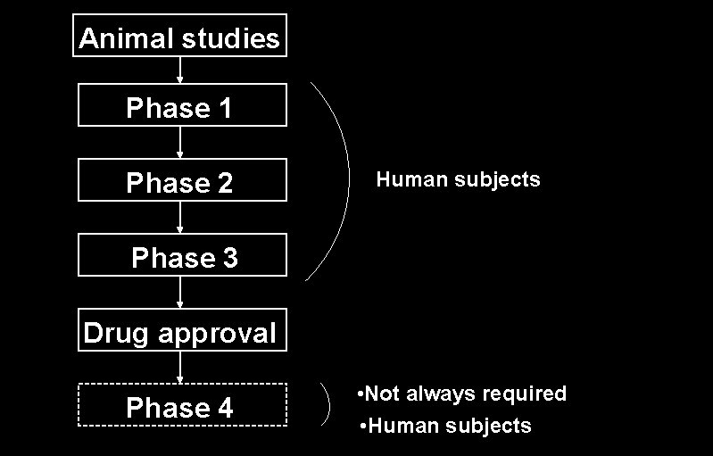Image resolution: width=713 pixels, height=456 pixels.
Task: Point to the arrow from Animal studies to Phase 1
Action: pos(181,70)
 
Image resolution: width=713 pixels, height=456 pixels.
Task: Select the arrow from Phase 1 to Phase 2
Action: pos(181,143)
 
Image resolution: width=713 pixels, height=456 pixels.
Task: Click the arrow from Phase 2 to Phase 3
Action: pos(181,218)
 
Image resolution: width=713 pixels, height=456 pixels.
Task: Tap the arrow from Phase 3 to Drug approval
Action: pos(181,293)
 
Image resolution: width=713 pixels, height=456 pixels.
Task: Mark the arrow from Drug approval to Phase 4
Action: pos(181,367)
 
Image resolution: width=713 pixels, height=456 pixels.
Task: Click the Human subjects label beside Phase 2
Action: pos(458,179)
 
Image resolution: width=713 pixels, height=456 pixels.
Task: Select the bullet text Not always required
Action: pos(461,394)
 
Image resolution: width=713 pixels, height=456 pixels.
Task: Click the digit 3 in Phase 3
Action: pos(229,258)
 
